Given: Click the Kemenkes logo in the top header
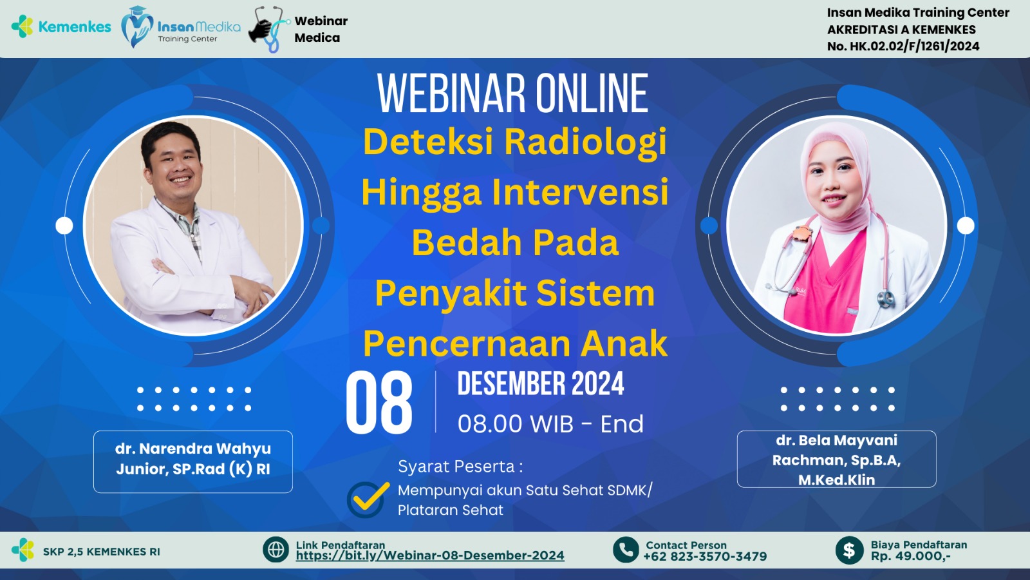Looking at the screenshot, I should coord(61,26).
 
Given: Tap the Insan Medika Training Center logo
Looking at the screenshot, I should coord(181,28).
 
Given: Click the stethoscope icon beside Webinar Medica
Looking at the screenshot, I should coord(269,29).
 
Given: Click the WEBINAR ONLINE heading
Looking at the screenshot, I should coord(512,94).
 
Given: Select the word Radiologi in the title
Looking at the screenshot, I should coord(585,142).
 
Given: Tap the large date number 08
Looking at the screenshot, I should coord(379,404).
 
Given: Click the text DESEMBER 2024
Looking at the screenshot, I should coord(541,384).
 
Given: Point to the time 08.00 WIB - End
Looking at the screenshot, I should coord(550,424).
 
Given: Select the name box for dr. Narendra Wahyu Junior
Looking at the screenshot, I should coord(193,461).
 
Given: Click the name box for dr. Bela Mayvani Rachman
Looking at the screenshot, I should coord(836,459).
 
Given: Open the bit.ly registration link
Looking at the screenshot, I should coord(430,556).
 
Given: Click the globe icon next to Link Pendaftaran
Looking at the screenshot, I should coord(276,550).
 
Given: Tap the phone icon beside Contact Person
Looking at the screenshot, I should coord(626,550).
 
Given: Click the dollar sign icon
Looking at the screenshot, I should coord(849,550).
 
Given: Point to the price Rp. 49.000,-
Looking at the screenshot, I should coord(910,556).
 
